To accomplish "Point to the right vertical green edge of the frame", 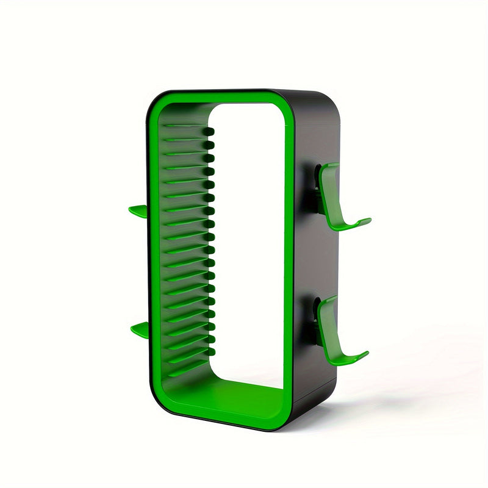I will (x=289, y=256).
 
